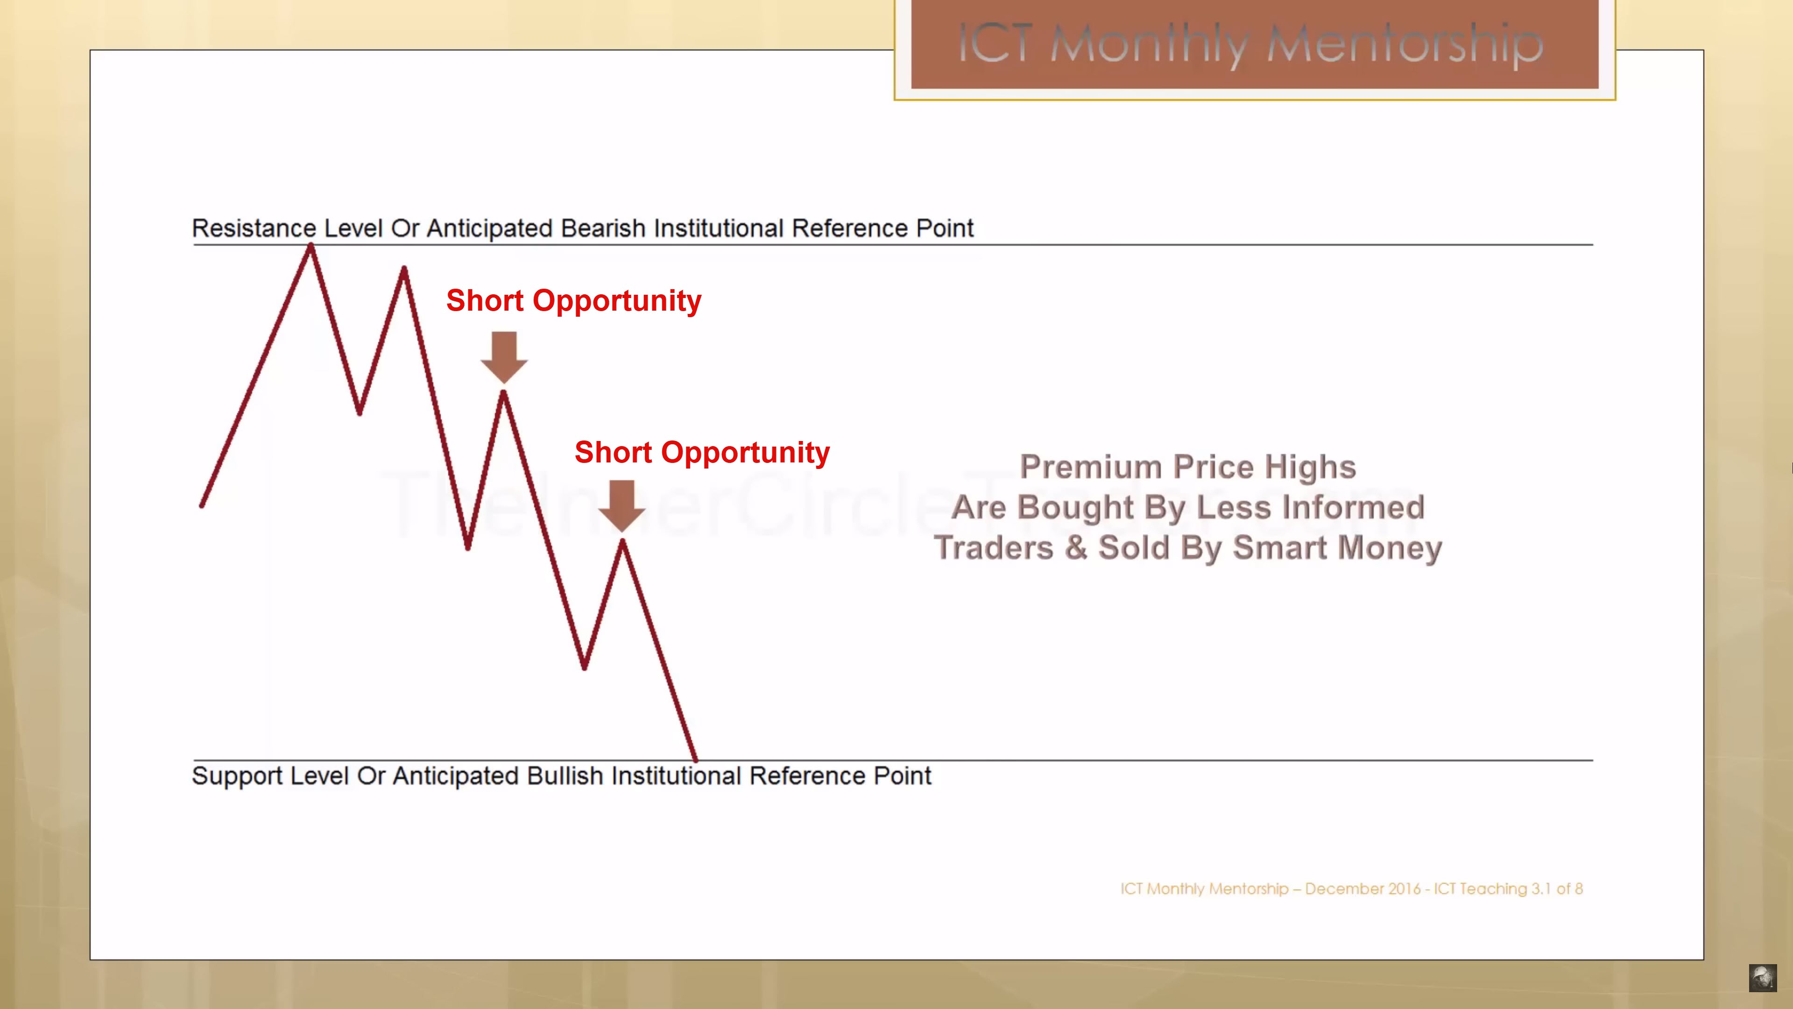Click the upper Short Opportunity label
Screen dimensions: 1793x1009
[x=573, y=301]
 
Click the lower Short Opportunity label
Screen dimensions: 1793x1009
[x=702, y=453]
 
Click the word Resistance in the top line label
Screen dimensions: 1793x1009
[x=254, y=228]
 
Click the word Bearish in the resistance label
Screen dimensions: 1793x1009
[x=603, y=228]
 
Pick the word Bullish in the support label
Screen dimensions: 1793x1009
[x=565, y=776]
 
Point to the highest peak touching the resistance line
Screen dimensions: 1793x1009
[x=311, y=245]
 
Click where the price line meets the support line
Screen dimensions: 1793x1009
[x=695, y=760]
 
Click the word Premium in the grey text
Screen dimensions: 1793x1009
[x=1091, y=467]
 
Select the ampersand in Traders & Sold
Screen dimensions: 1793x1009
[x=1076, y=547]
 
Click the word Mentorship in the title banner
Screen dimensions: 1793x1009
[x=1405, y=44]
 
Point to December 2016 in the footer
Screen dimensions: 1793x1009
[x=1363, y=889]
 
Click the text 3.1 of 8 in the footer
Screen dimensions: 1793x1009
[x=1557, y=889]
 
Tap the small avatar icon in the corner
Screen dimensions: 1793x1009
[x=1762, y=978]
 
